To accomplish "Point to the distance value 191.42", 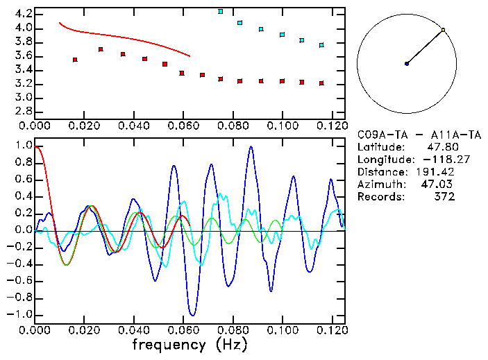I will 438,172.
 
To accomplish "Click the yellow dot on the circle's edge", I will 443,30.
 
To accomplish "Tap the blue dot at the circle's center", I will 407,64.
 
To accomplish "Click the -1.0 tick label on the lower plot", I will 20,314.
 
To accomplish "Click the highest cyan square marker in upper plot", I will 221,12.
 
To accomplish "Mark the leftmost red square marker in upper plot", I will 75,60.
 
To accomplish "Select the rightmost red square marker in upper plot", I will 321,83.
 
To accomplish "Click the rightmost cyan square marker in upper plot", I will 321,45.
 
